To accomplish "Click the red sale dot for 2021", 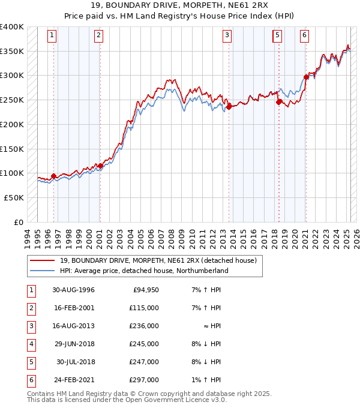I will [x=306, y=77].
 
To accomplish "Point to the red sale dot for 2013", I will [x=229, y=107].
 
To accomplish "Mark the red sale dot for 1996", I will [x=54, y=176].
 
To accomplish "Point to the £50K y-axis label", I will [x=14, y=197].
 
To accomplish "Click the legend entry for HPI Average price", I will [x=144, y=271].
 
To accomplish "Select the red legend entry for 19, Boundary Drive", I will [x=158, y=260].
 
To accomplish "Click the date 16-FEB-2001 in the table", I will [x=73, y=308].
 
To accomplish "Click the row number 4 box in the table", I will [x=30, y=344].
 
